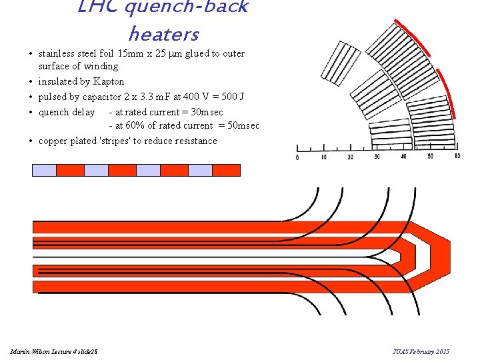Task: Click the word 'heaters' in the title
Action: pos(163,33)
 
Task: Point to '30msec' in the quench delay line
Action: pos(207,112)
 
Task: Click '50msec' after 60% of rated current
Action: pos(243,125)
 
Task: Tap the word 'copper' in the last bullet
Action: pos(53,141)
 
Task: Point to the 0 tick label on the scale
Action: pos(297,157)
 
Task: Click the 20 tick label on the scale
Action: pos(351,157)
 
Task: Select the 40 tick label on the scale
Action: pos(404,157)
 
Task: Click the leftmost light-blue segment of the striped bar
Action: pos(44,170)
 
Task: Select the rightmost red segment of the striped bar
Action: pos(226,170)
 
